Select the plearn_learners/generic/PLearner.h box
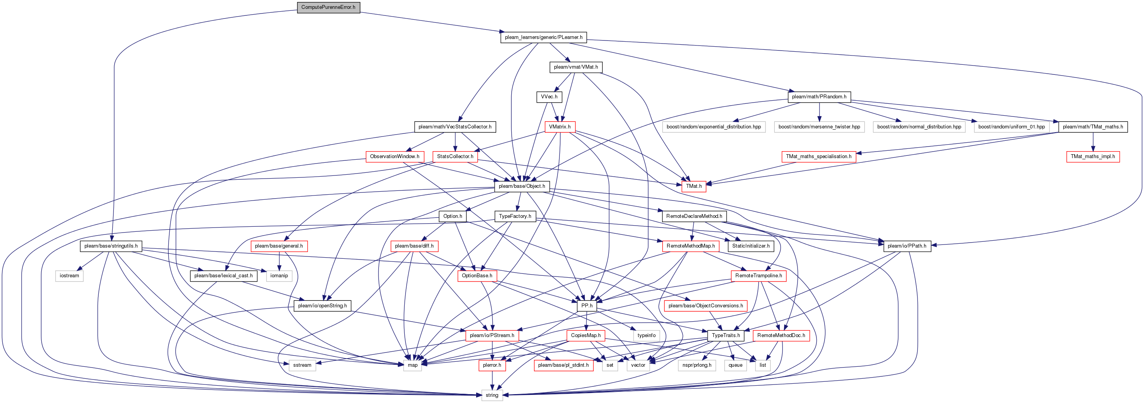tap(544, 37)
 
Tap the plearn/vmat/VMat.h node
tap(576, 67)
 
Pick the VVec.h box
tap(549, 97)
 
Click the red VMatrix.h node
tap(559, 127)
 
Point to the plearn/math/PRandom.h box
tap(819, 97)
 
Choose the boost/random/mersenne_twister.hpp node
tap(819, 127)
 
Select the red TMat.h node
tap(694, 186)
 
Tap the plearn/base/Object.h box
tap(522, 186)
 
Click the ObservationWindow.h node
tap(394, 157)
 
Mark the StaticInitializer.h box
tap(750, 246)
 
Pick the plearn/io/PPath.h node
tap(907, 246)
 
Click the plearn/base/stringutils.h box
tap(111, 246)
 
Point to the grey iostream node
tap(69, 276)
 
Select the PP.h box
tap(587, 306)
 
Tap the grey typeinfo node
tap(646, 336)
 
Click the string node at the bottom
tap(492, 395)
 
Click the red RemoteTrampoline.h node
tap(759, 276)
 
